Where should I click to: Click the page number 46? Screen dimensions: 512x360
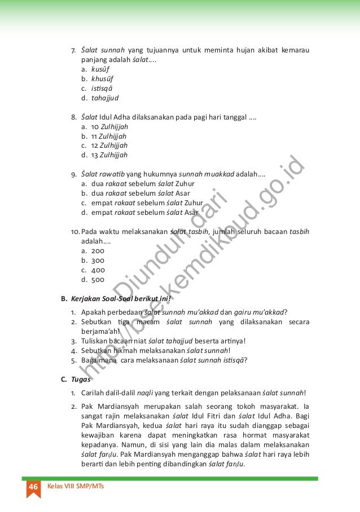pos(33,486)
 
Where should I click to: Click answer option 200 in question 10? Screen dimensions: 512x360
pos(98,251)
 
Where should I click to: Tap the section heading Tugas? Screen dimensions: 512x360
pos(79,379)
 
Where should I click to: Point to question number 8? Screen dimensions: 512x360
pos(74,117)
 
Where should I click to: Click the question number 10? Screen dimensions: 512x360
pos(76,232)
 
